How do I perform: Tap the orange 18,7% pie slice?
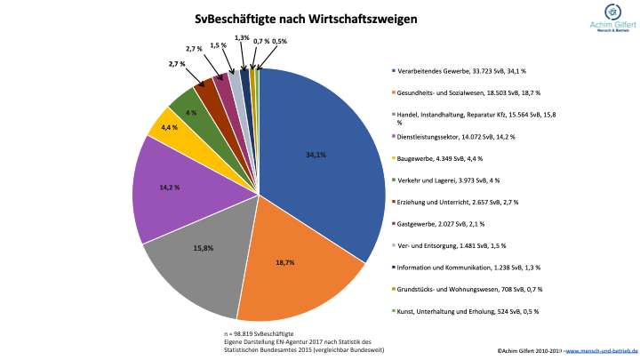click(x=284, y=267)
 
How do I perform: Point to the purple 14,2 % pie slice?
click(x=169, y=191)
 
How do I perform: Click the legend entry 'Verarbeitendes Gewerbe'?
click(x=468, y=70)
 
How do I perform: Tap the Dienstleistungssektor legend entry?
click(x=456, y=137)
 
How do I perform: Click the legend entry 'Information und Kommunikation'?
click(x=468, y=267)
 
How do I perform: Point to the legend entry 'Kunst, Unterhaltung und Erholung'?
click(x=468, y=311)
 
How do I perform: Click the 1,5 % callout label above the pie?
click(x=218, y=44)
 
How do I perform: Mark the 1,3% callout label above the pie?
click(x=242, y=38)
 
